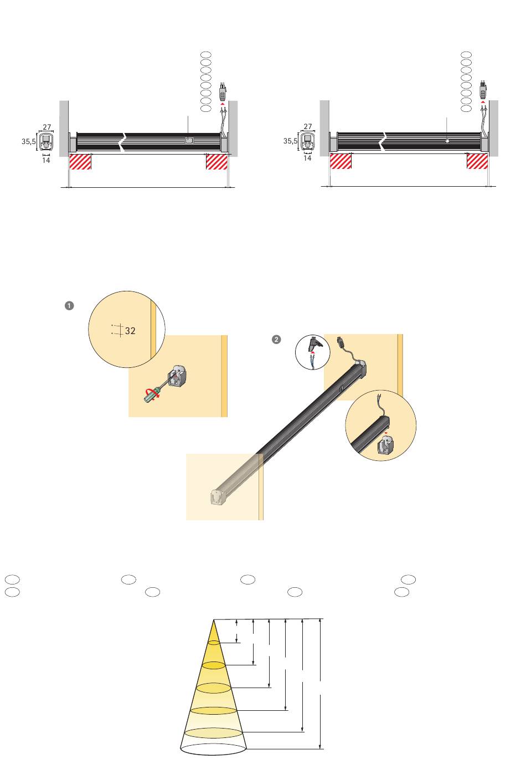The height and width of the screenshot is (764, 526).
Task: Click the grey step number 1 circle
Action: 69,306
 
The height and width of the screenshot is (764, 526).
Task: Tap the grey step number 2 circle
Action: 276,340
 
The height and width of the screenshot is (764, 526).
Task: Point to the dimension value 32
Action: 130,331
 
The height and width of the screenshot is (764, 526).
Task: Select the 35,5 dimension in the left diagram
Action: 29,141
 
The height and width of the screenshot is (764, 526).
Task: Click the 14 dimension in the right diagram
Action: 307,158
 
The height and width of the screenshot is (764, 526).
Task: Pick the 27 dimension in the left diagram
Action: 47,127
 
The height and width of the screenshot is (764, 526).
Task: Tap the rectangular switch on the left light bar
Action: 189,140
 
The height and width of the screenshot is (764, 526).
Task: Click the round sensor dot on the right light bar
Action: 447,141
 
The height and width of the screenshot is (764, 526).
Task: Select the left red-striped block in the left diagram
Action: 80,161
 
